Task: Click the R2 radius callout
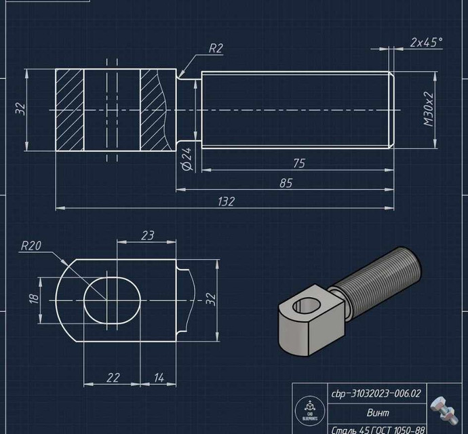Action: tap(216, 48)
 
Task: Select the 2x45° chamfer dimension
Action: tap(426, 42)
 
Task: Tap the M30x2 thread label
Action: tap(429, 111)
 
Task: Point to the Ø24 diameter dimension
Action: tap(187, 159)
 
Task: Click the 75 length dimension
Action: tap(298, 163)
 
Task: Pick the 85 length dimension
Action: tap(286, 182)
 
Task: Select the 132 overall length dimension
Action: tap(226, 201)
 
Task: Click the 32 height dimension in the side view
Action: tap(20, 108)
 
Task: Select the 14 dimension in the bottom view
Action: tap(158, 377)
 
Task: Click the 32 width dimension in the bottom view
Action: tap(210, 298)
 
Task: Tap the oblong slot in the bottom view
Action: tap(113, 299)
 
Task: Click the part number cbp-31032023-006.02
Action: tap(376, 393)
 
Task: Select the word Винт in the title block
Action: tap(378, 412)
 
